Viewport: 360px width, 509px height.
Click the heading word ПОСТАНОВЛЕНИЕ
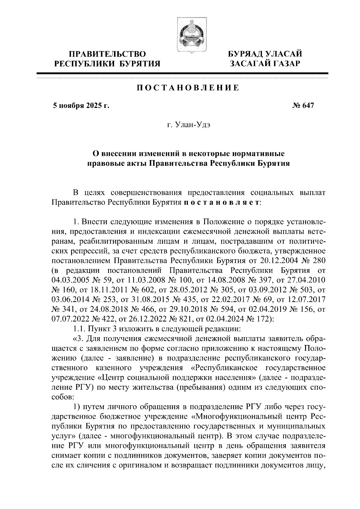click(x=188, y=88)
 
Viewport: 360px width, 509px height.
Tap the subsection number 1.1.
click(x=79, y=328)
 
